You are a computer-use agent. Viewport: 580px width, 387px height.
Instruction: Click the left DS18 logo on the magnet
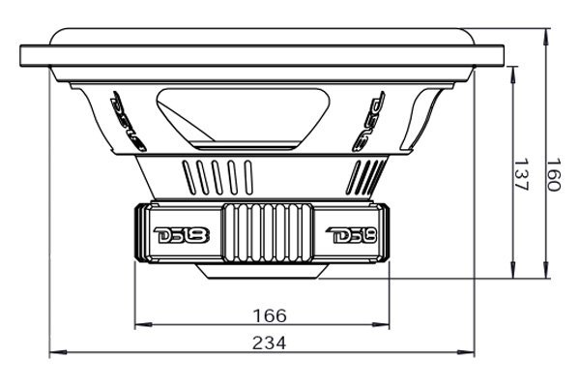(174, 236)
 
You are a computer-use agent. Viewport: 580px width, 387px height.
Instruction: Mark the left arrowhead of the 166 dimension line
(138, 325)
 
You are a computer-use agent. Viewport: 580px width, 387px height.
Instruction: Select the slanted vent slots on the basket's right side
(368, 175)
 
